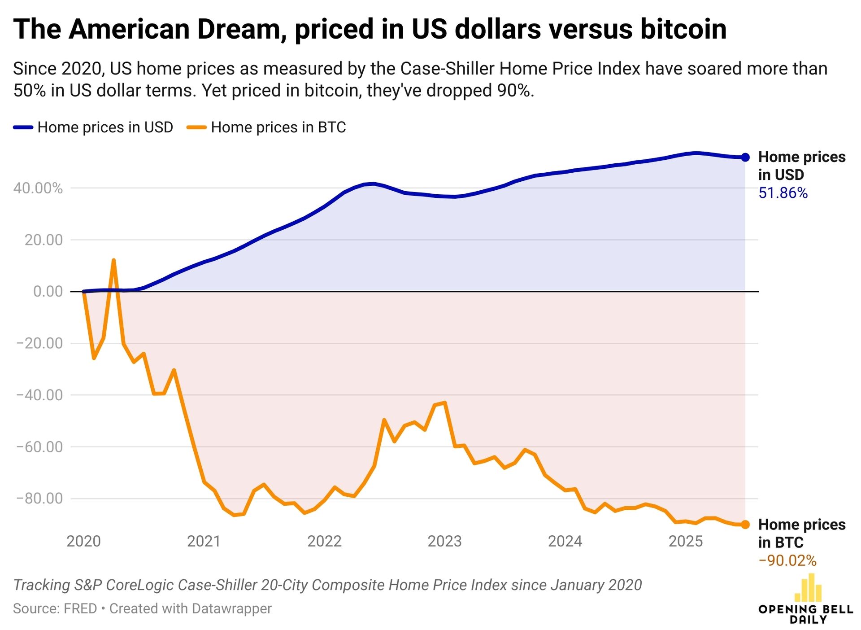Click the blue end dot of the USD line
coord(745,157)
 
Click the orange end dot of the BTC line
coord(745,525)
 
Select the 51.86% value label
coord(783,193)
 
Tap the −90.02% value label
coord(787,560)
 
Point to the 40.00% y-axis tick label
coord(38,188)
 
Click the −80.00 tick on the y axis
coord(39,498)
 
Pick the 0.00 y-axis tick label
coord(48,291)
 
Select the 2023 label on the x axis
coord(444,541)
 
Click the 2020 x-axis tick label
coord(83,541)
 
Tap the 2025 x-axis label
coord(685,541)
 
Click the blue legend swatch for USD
coord(23,127)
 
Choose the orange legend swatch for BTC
coord(196,127)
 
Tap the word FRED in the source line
coord(80,608)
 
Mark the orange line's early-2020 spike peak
coord(113,260)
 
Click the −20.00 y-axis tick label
coord(39,343)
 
